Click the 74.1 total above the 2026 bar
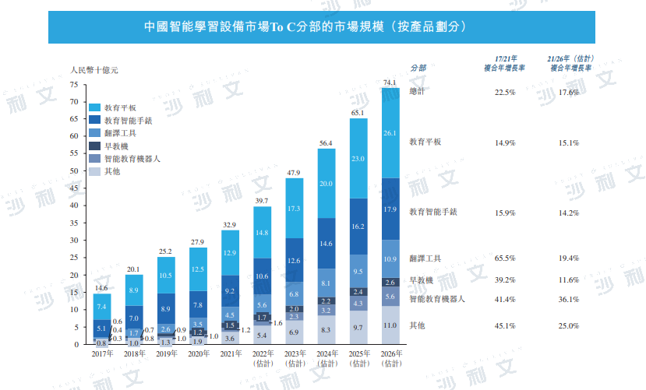coord(390,82)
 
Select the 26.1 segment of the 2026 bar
coord(390,133)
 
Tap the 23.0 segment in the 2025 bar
coord(358,159)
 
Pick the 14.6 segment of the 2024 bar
coord(327,243)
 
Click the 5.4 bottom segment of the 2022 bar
coord(262,335)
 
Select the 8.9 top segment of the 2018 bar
coord(134,290)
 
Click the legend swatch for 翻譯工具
coord(94,133)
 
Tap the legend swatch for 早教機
coord(94,146)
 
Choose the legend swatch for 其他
coord(94,170)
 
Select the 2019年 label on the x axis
coord(166,353)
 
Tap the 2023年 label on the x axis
coord(294,353)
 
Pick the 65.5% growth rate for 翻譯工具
coord(505,258)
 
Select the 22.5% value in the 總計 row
coord(505,93)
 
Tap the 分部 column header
coord(418,67)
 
